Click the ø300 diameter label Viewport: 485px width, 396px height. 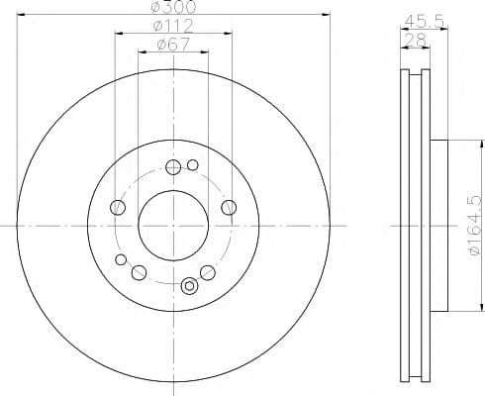pos(173,7)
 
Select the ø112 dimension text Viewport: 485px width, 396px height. pos(173,26)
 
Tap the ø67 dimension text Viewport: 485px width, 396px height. pos(173,45)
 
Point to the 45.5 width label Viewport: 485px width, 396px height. pos(425,22)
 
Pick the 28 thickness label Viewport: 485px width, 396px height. pos(415,41)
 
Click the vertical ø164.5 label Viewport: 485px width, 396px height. pos(474,225)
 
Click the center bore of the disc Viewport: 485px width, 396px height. pos(173,226)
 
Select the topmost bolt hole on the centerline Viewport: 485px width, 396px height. pos(173,167)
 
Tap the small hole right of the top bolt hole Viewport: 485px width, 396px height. pos(193,165)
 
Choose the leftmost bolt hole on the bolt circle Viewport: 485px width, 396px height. pos(118,208)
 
